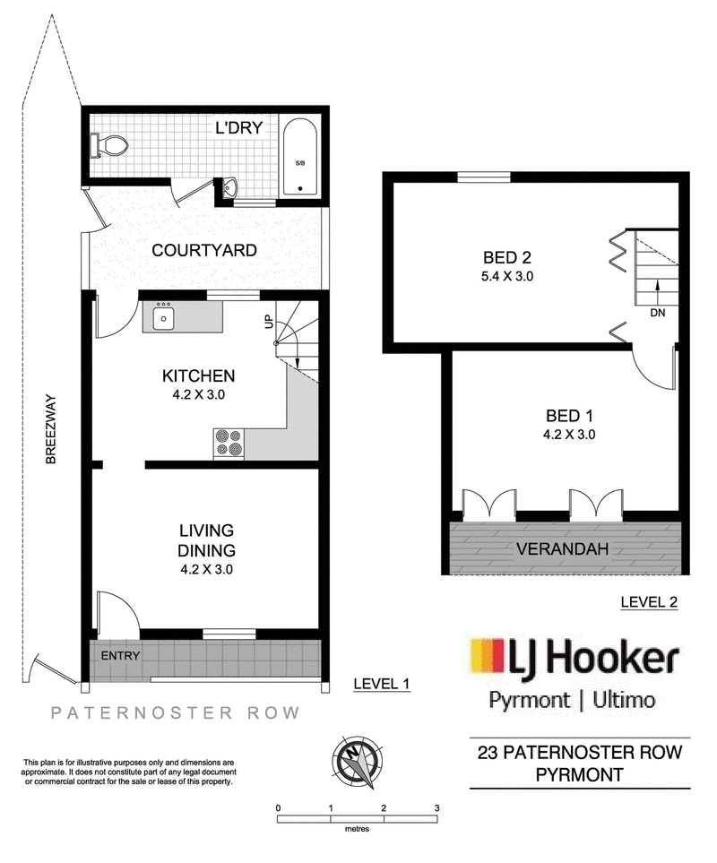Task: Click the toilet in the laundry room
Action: [x=109, y=146]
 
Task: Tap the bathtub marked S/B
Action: [x=300, y=157]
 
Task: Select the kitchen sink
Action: [x=163, y=317]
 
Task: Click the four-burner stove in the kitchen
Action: [x=229, y=444]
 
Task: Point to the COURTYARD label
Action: [x=204, y=250]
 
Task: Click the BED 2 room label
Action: [x=506, y=257]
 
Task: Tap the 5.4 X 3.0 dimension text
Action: [x=506, y=276]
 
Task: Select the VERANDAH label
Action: [x=562, y=548]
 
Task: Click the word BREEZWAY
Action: [x=51, y=428]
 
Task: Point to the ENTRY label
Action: [x=120, y=655]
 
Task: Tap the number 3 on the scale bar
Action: [x=436, y=808]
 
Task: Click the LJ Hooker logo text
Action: [x=593, y=658]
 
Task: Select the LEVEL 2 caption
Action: [x=649, y=602]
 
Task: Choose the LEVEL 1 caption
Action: [x=381, y=684]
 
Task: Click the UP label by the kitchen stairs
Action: [x=269, y=322]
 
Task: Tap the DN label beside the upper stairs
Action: [x=658, y=313]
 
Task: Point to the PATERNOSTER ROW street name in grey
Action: [x=176, y=713]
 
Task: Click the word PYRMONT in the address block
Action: [x=580, y=775]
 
